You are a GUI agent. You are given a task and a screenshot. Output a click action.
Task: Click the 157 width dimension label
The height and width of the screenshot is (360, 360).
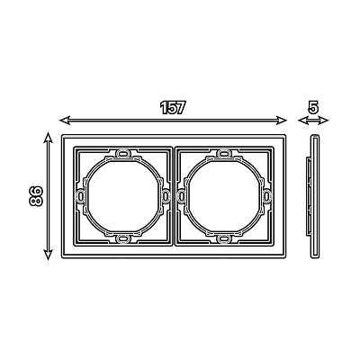[x=172, y=108]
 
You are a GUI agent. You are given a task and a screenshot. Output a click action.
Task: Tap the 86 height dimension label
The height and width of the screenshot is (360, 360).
[x=36, y=196]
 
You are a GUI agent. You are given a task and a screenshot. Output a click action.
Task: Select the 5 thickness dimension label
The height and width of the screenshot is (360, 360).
[x=313, y=107]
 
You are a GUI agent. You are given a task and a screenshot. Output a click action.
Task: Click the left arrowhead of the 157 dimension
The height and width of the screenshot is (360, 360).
[x=65, y=121]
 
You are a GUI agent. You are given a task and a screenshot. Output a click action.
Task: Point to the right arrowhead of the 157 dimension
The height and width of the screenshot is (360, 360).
[x=282, y=121]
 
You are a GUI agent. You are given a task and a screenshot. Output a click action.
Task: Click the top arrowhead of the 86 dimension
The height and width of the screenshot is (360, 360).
[x=48, y=138]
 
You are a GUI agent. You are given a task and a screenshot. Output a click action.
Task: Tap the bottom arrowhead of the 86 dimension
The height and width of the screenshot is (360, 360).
[x=48, y=255]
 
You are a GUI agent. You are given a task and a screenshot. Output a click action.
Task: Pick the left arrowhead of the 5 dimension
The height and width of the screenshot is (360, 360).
[x=302, y=121]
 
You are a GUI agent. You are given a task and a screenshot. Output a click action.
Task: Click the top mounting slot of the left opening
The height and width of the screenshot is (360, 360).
[x=122, y=153]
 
